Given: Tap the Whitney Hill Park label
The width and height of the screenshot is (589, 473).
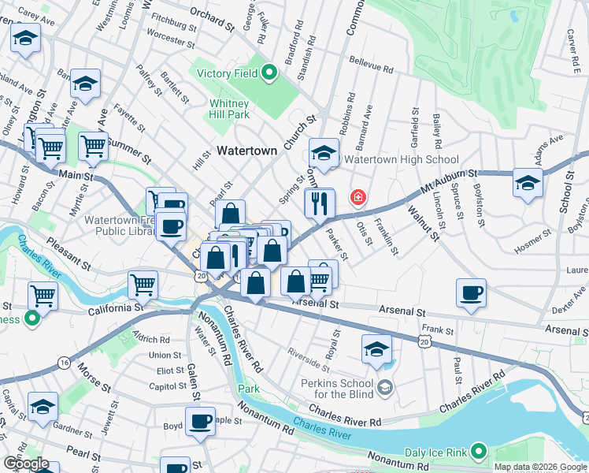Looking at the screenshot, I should (x=230, y=110).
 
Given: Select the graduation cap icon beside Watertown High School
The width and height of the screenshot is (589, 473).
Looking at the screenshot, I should (x=323, y=151).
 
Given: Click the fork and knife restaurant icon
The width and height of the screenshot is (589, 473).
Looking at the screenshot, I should (x=320, y=203).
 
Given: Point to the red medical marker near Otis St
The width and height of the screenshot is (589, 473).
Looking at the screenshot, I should (x=358, y=196).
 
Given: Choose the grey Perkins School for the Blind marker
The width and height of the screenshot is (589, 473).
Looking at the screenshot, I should (x=384, y=386).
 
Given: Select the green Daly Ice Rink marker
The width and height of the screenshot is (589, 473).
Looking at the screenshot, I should (x=477, y=452).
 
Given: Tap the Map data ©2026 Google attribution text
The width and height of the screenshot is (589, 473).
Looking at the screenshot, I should (x=540, y=467).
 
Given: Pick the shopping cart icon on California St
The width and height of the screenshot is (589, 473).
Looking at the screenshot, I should (x=43, y=296).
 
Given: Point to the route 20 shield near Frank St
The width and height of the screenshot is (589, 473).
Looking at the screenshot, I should (x=425, y=340).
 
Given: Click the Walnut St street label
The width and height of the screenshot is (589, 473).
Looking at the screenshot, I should (x=421, y=222).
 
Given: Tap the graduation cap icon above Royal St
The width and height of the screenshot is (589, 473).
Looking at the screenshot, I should (x=377, y=348).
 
